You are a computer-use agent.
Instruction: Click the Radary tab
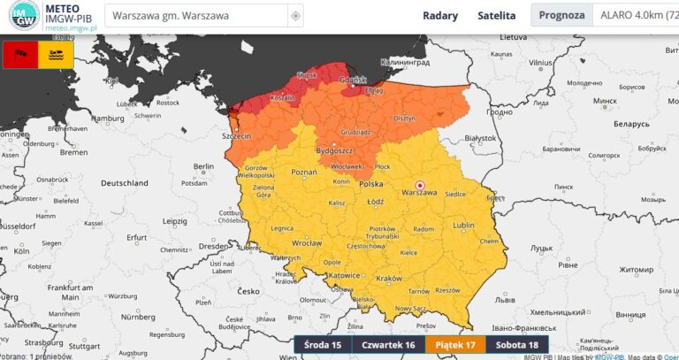tap(440, 15)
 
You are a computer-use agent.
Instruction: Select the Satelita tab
tap(496, 15)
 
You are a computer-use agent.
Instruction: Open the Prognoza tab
tap(561, 15)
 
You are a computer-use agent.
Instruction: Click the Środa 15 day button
tap(323, 345)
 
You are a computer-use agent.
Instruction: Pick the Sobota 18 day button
tap(516, 345)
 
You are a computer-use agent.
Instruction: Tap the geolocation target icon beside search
tap(295, 16)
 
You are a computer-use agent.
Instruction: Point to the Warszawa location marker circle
tap(420, 185)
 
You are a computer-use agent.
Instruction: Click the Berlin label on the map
tap(204, 166)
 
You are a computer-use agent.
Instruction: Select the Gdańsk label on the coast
tap(357, 80)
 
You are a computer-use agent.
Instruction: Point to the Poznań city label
tap(304, 172)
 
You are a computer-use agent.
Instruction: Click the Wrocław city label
tap(307, 241)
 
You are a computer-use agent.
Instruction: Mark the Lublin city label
tap(463, 226)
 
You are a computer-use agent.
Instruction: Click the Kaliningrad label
tap(404, 63)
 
